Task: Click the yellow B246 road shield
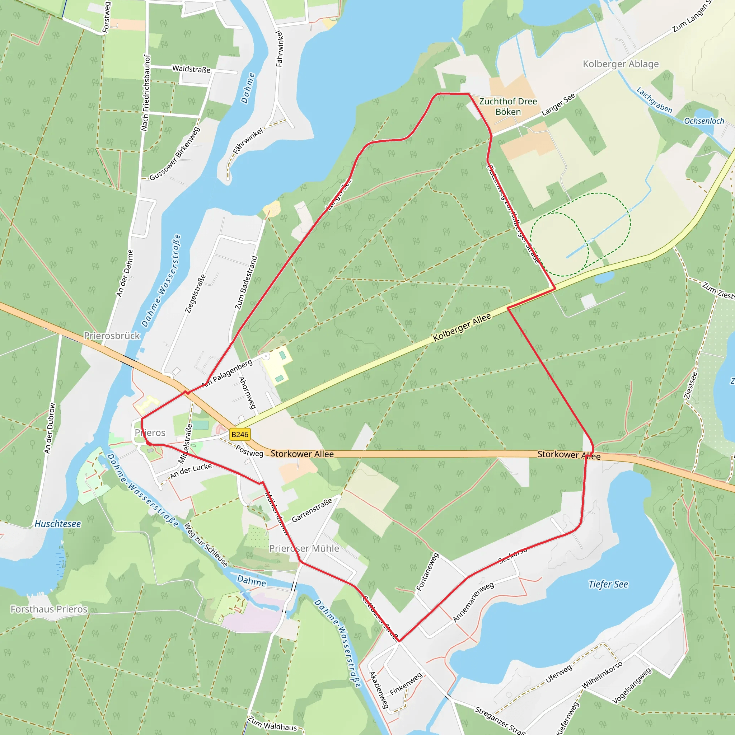[240, 435]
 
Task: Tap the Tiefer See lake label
[608, 584]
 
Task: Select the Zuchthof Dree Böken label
[508, 107]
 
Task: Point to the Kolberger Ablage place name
[621, 64]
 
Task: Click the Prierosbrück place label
[112, 336]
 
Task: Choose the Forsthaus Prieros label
[49, 609]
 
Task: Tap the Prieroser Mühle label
[304, 548]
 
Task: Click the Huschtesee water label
[58, 524]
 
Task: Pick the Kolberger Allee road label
[462, 328]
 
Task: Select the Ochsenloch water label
[704, 121]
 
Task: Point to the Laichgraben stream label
[654, 100]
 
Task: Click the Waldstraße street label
[191, 69]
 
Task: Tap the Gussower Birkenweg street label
[175, 154]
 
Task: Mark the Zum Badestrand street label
[246, 283]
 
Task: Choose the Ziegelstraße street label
[195, 294]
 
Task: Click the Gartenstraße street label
[312, 510]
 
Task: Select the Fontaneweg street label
[427, 571]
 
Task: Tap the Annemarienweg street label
[473, 602]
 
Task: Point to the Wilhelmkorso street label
[602, 674]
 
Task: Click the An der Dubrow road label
[50, 428]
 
